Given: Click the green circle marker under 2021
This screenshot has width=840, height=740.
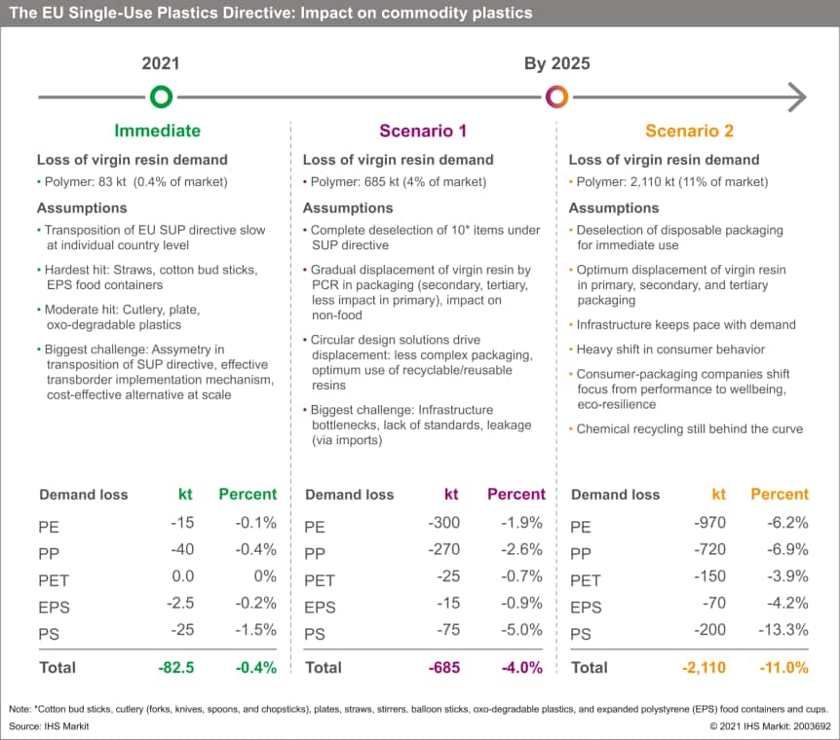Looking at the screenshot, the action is coord(161,88).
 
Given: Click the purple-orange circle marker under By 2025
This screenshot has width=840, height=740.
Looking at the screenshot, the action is coord(557,88).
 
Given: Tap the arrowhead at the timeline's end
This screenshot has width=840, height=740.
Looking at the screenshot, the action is coord(798,97).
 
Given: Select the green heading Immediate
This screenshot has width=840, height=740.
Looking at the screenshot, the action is coord(158,130).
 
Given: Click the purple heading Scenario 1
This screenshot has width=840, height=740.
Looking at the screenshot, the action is coord(423,130).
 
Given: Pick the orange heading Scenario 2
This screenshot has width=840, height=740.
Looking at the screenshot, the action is coord(689,130).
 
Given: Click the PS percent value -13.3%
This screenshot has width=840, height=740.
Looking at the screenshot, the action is coord(783,630).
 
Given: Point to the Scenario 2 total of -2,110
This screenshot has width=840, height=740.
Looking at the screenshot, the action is coord(704,668).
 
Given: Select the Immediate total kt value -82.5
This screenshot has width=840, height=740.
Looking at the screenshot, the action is coord(175,668).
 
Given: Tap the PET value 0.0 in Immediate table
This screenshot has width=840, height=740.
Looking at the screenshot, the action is coord(182,576).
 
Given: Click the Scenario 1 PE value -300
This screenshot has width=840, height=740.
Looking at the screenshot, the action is coord(443,523).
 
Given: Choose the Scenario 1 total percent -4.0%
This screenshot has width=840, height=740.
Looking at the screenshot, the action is coord(521,668).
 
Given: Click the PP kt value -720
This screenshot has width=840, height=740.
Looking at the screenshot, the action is coord(709,549).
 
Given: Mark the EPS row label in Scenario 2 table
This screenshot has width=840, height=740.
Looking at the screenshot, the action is coord(586,608).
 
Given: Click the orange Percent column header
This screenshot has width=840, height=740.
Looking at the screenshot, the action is coord(780,495).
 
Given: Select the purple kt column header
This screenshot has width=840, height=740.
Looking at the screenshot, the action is coord(451,495).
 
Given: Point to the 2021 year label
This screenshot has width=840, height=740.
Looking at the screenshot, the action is coord(161,63).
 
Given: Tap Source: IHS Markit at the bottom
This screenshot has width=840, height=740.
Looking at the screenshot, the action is coord(49,726).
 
